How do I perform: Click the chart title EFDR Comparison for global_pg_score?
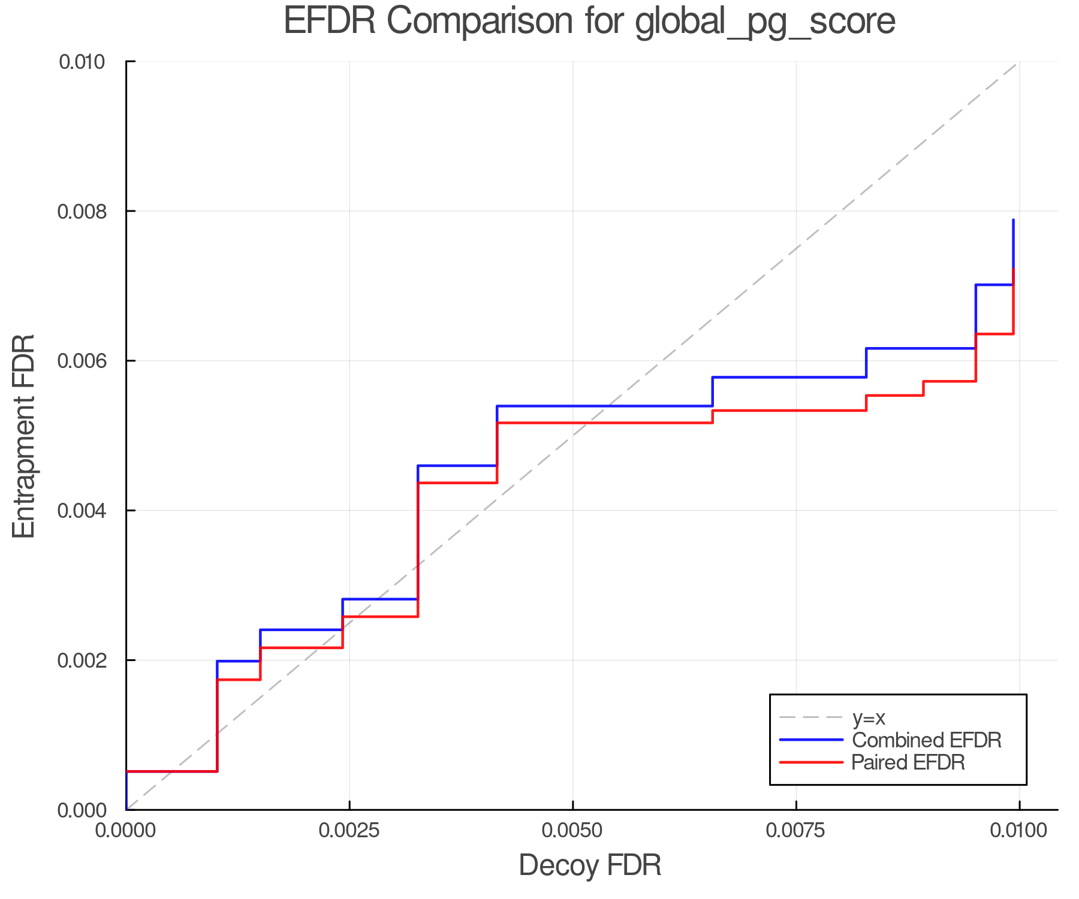click(589, 21)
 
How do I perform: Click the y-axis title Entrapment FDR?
click(24, 436)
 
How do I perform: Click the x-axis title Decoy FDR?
click(590, 865)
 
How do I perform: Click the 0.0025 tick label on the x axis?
click(349, 830)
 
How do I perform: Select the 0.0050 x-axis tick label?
click(573, 830)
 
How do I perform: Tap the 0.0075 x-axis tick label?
click(796, 830)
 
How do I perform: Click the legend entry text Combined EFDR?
click(927, 740)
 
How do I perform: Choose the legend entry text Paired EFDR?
click(908, 762)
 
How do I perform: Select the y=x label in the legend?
click(869, 717)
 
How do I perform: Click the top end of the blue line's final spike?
click(1013, 221)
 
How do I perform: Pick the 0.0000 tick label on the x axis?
click(126, 830)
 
